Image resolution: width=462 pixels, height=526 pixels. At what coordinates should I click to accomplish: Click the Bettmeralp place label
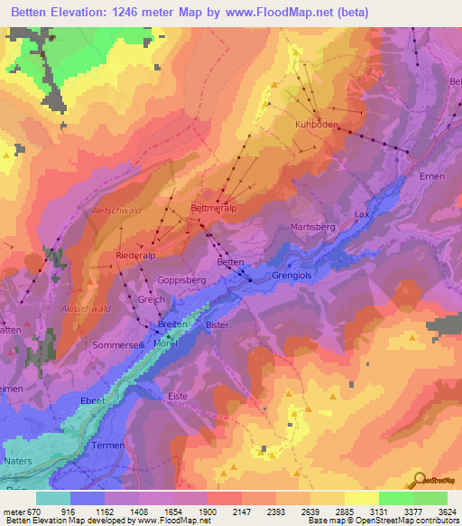[x=213, y=207]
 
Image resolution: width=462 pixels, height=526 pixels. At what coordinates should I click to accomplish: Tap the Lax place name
[x=362, y=214]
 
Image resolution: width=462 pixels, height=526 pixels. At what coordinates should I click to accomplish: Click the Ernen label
[x=432, y=176]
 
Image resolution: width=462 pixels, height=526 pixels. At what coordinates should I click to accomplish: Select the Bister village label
[x=217, y=324]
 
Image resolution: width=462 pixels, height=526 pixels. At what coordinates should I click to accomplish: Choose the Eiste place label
[x=179, y=396]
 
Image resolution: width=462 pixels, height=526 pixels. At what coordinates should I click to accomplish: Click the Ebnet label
[x=93, y=400]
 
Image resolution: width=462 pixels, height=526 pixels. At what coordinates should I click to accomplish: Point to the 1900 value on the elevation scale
[x=206, y=512]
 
